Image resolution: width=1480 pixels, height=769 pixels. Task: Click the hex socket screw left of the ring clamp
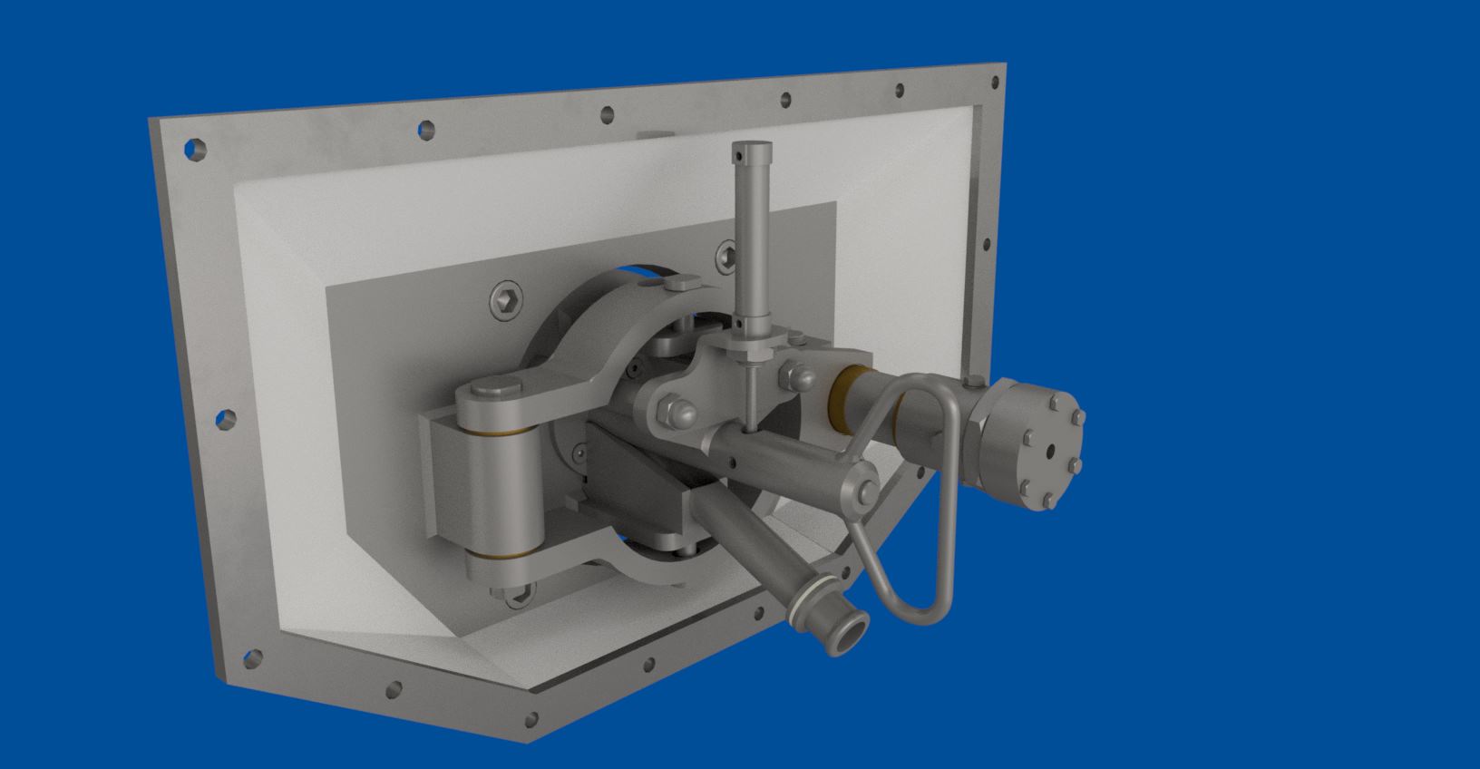click(x=506, y=300)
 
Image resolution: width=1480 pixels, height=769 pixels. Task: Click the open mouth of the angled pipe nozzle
click(x=846, y=632)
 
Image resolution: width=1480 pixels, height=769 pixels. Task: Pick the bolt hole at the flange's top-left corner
click(x=194, y=149)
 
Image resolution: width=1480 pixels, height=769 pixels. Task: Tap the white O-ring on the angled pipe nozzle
click(x=802, y=606)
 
